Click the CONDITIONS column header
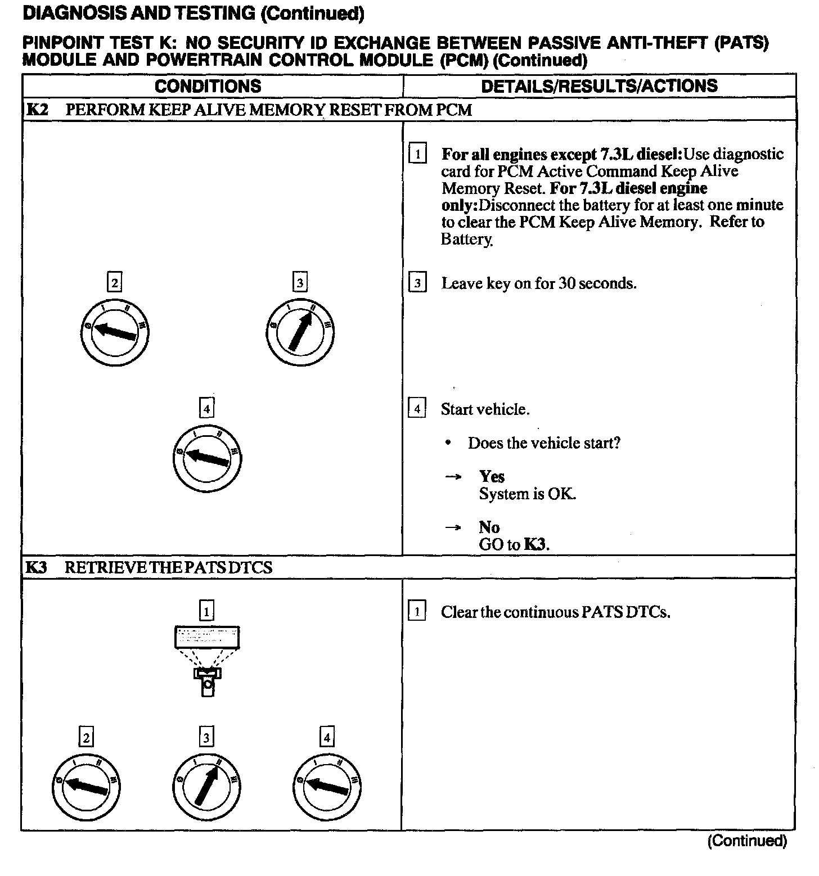pyautogui.click(x=208, y=86)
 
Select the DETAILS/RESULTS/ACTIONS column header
pyautogui.click(x=599, y=86)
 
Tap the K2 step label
pyautogui.click(x=37, y=110)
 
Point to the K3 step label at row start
pyautogui.click(x=36, y=567)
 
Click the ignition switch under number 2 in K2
pyautogui.click(x=115, y=332)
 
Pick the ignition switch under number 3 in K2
pyautogui.click(x=300, y=332)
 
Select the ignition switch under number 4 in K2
pyautogui.click(x=207, y=458)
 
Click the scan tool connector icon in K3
pyautogui.click(x=207, y=661)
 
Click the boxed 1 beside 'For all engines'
pyautogui.click(x=417, y=153)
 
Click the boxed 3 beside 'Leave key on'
pyautogui.click(x=417, y=283)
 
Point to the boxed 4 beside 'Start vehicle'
pyautogui.click(x=417, y=409)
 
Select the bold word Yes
pyautogui.click(x=492, y=477)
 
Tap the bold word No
pyautogui.click(x=489, y=527)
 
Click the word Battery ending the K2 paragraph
pyautogui.click(x=466, y=240)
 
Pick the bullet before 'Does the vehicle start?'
pyautogui.click(x=448, y=443)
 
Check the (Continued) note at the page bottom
pyautogui.click(x=746, y=841)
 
